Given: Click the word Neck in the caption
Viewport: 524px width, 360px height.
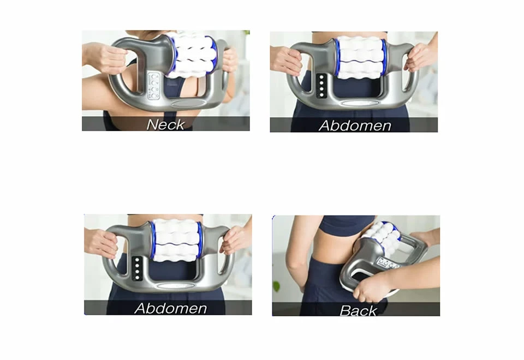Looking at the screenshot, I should (165, 124).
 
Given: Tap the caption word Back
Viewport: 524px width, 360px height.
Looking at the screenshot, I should (358, 310).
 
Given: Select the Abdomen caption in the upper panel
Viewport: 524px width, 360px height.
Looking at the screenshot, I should (355, 125).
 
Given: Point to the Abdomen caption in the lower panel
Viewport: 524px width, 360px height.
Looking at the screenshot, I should (171, 308).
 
